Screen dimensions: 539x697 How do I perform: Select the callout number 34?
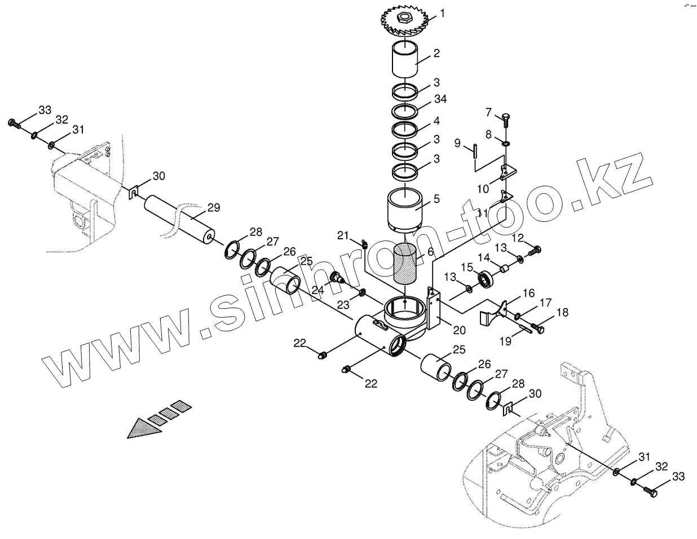click(440, 99)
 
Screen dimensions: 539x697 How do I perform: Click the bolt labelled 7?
click(505, 119)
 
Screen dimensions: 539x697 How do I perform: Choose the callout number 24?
click(318, 290)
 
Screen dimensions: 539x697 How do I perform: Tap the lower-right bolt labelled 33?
click(654, 492)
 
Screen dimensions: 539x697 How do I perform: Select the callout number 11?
click(482, 213)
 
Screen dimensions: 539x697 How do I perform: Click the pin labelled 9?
click(475, 152)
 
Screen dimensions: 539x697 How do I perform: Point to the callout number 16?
click(528, 292)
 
